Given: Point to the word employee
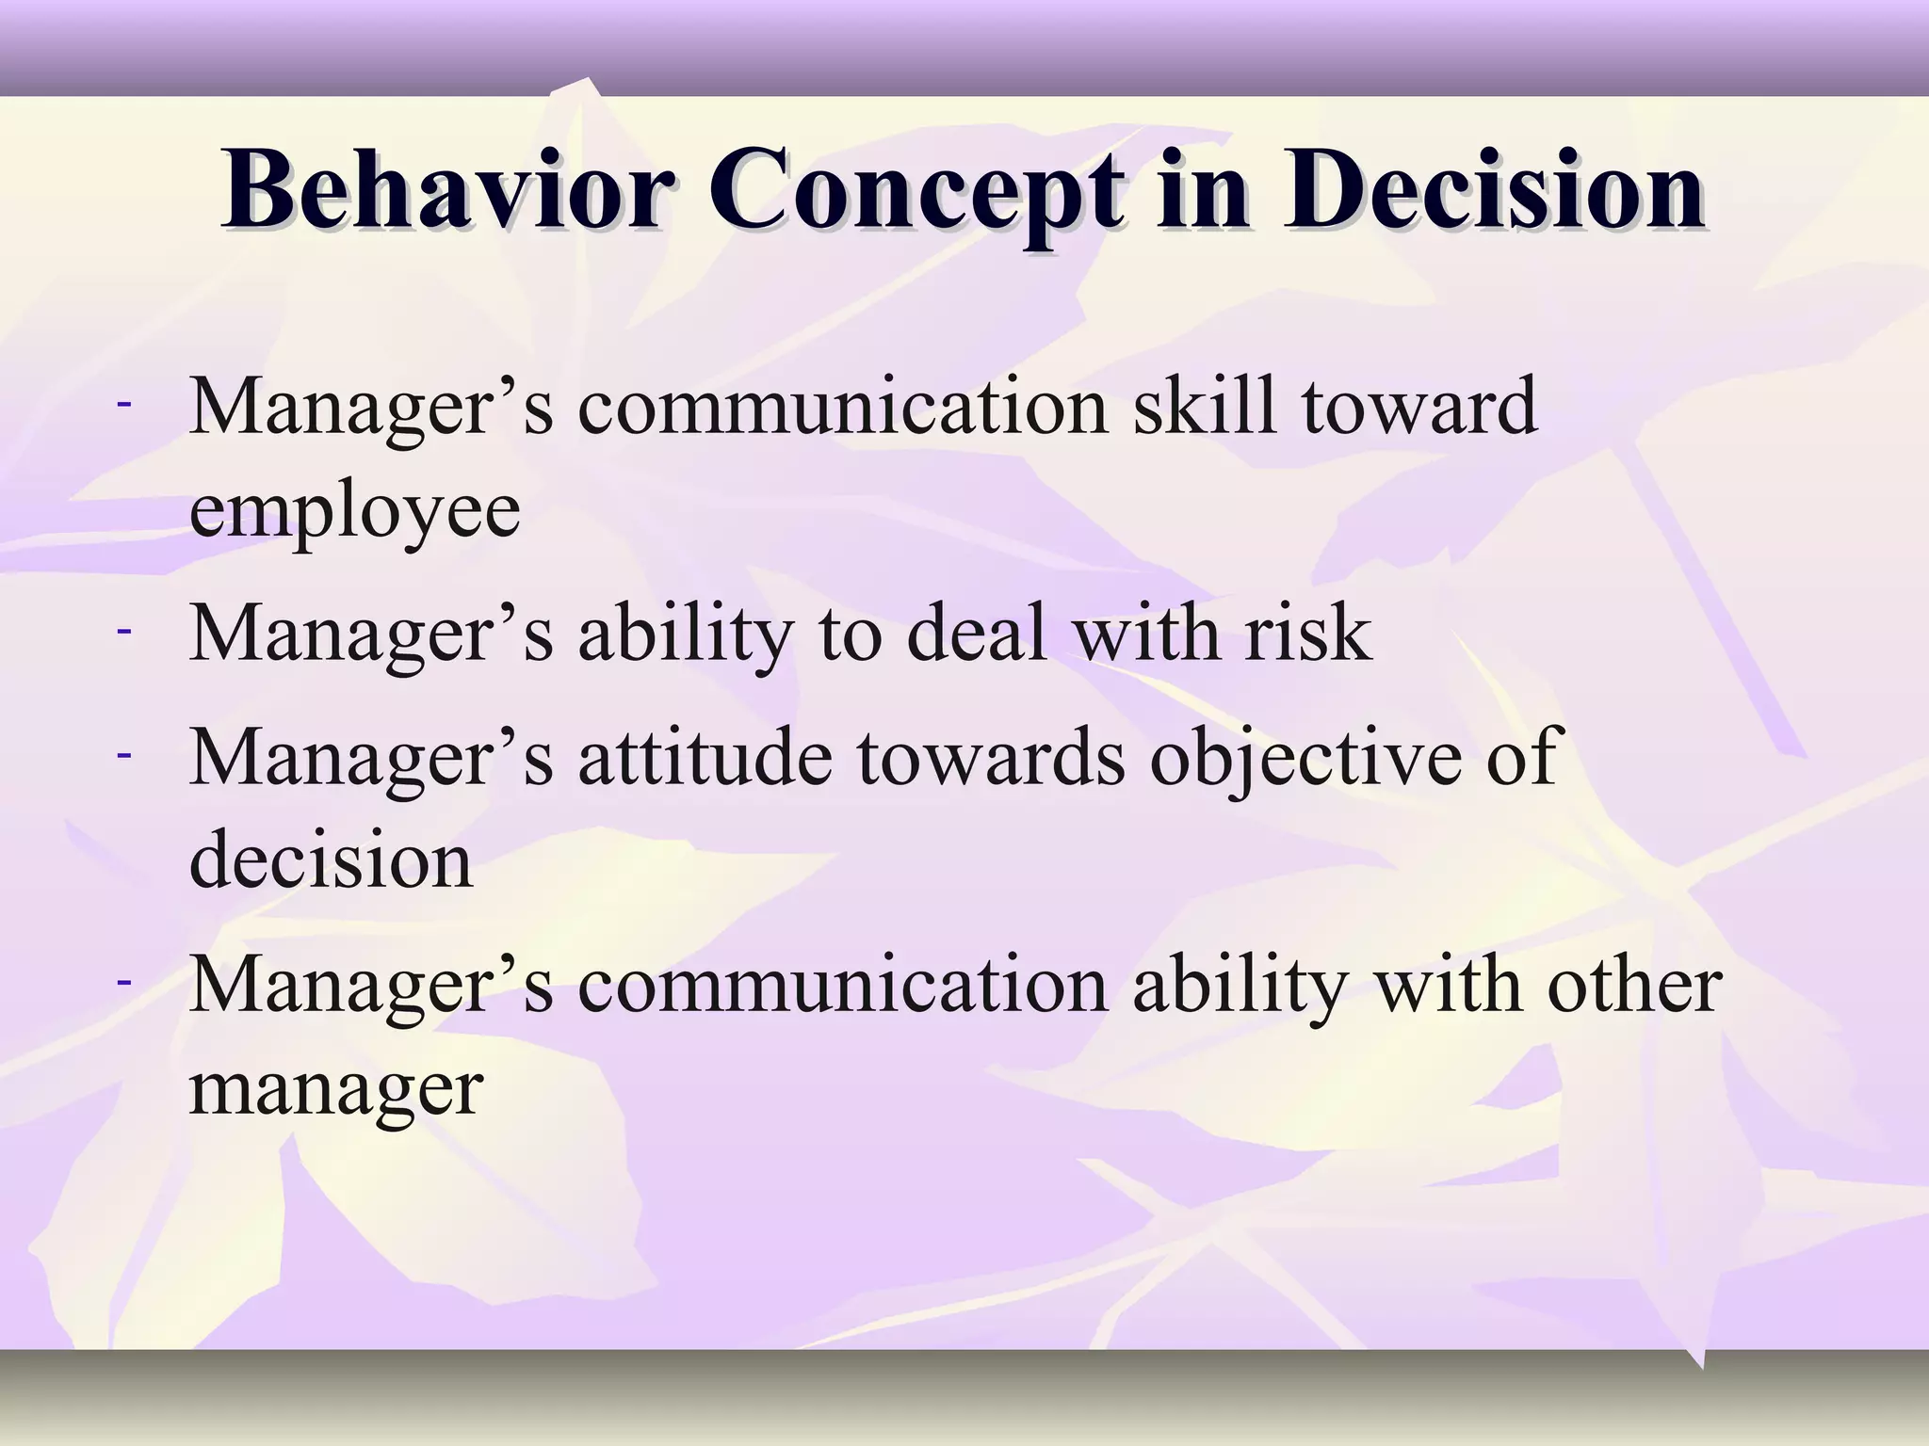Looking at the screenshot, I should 354,511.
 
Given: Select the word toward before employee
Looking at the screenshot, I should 1419,408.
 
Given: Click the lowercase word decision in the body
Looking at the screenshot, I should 331,859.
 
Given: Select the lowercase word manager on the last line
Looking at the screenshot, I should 336,1090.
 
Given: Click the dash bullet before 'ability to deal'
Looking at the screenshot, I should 123,629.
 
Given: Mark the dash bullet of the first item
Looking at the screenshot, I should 123,404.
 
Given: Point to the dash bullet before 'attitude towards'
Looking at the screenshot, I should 123,753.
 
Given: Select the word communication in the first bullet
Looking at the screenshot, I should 843,408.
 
